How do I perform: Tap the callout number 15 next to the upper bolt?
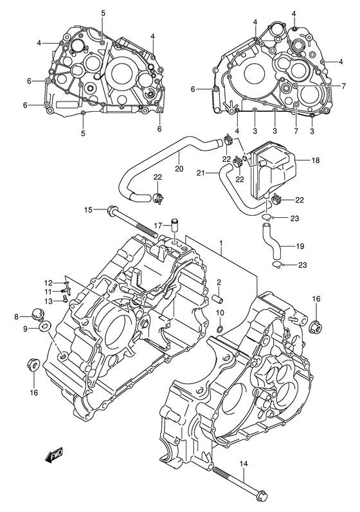click(89, 209)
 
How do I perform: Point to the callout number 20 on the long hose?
click(179, 169)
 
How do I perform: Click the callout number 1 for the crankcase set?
click(222, 244)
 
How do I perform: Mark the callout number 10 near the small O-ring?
click(220, 313)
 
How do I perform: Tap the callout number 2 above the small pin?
click(219, 282)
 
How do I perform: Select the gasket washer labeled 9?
click(43, 328)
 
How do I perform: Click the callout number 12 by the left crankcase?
click(48, 283)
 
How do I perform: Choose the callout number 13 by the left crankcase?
click(48, 301)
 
